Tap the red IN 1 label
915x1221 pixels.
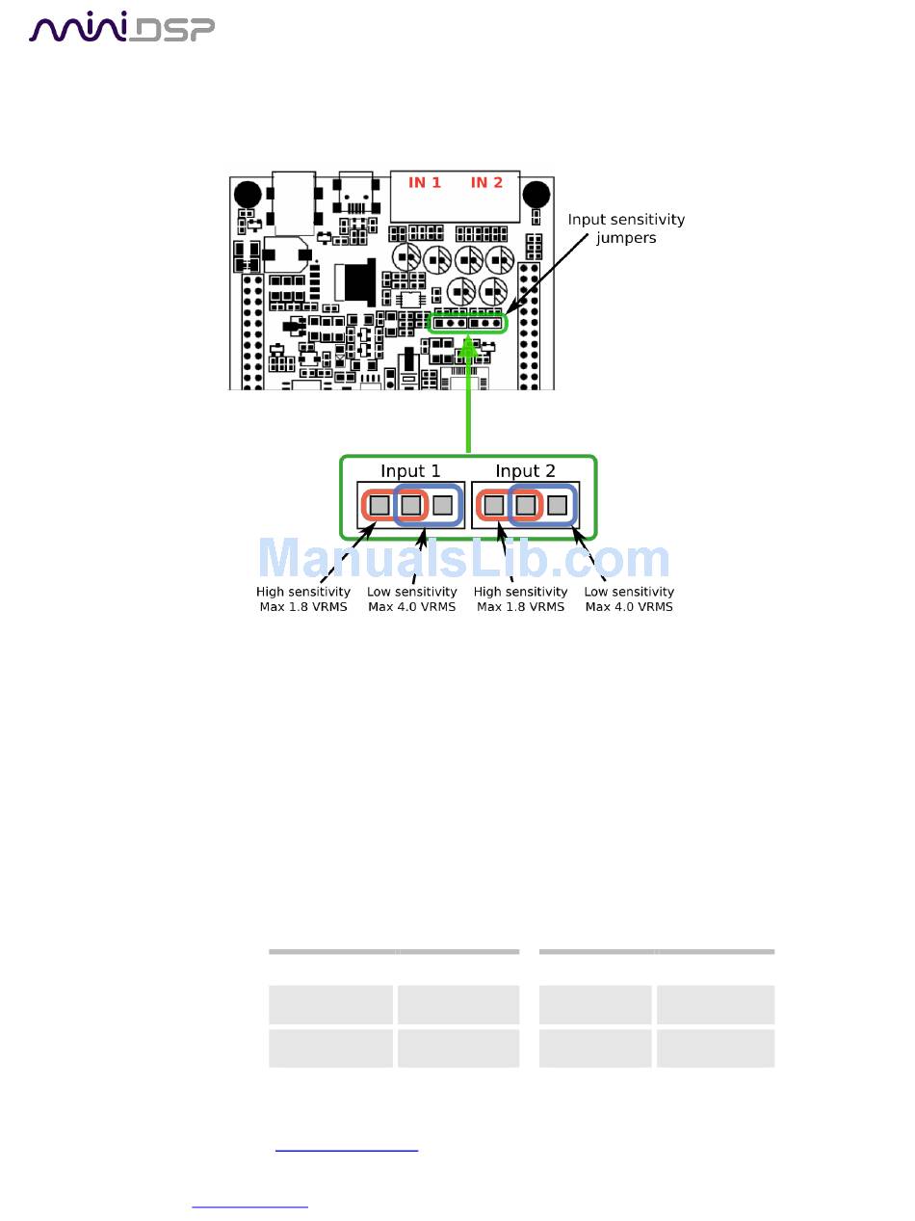click(424, 182)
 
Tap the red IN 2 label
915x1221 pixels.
click(486, 182)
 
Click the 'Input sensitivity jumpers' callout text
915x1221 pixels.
click(626, 227)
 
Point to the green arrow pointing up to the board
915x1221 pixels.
click(468, 395)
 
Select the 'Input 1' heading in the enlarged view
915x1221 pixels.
click(410, 470)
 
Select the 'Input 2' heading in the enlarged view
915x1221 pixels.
click(525, 470)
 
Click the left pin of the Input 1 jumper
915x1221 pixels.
click(379, 504)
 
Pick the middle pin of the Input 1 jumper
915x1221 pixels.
click(411, 504)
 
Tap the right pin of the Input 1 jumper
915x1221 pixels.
click(442, 504)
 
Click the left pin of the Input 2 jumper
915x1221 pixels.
click(493, 504)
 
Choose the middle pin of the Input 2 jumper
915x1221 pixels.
click(525, 504)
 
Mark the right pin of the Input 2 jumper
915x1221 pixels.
click(557, 504)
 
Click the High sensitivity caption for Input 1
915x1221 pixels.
click(303, 599)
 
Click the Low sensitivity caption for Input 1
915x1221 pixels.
click(412, 599)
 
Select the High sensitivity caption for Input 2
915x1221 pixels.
click(520, 599)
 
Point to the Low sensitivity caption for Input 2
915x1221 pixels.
click(629, 599)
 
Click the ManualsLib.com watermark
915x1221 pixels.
click(463, 560)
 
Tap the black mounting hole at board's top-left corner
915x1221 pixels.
click(248, 193)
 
